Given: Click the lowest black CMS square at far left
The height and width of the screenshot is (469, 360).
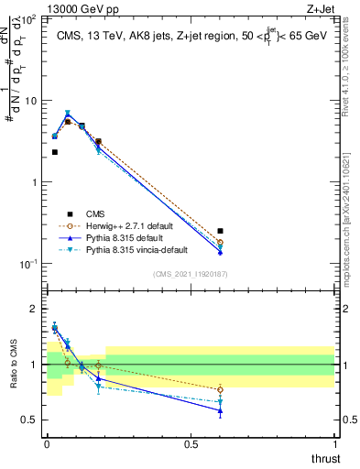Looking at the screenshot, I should point(54,152).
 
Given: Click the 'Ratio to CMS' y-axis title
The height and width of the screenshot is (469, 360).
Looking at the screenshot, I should point(13,365).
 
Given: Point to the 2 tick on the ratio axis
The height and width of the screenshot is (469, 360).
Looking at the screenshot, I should point(33,309).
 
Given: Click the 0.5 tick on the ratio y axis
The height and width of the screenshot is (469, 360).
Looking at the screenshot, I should point(29,420).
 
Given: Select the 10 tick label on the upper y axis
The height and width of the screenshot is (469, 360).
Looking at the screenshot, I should point(29,100).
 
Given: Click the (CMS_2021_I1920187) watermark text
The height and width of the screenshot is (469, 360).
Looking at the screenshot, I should point(191,274).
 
